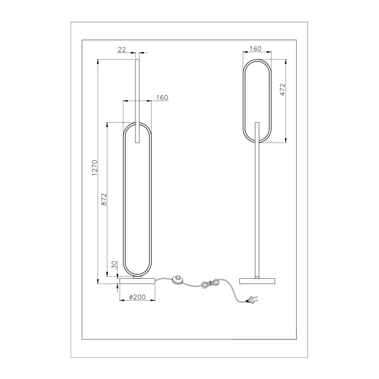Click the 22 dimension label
[x=122, y=50]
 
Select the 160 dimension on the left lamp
[x=162, y=98]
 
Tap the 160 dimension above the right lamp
[x=256, y=49]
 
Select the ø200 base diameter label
[x=138, y=297]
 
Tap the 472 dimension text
[x=283, y=90]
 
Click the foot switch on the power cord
[x=178, y=280]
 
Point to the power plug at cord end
[x=252, y=300]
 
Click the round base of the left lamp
[x=138, y=281]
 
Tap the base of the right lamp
[x=258, y=280]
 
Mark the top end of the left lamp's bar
[x=138, y=60]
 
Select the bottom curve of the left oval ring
[x=138, y=276]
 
